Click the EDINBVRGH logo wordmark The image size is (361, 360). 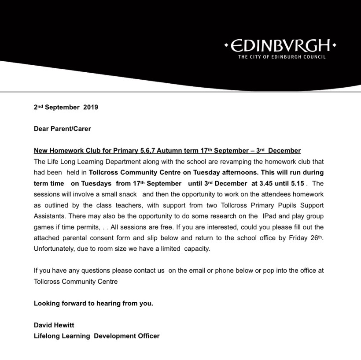point(280,46)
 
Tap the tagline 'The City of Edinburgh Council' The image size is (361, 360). point(282,57)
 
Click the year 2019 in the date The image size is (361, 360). point(90,107)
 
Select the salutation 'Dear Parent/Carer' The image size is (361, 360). point(63,129)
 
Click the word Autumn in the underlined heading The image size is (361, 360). point(172,151)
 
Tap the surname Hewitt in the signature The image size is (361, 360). point(64,325)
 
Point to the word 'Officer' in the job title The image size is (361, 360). point(147,336)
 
